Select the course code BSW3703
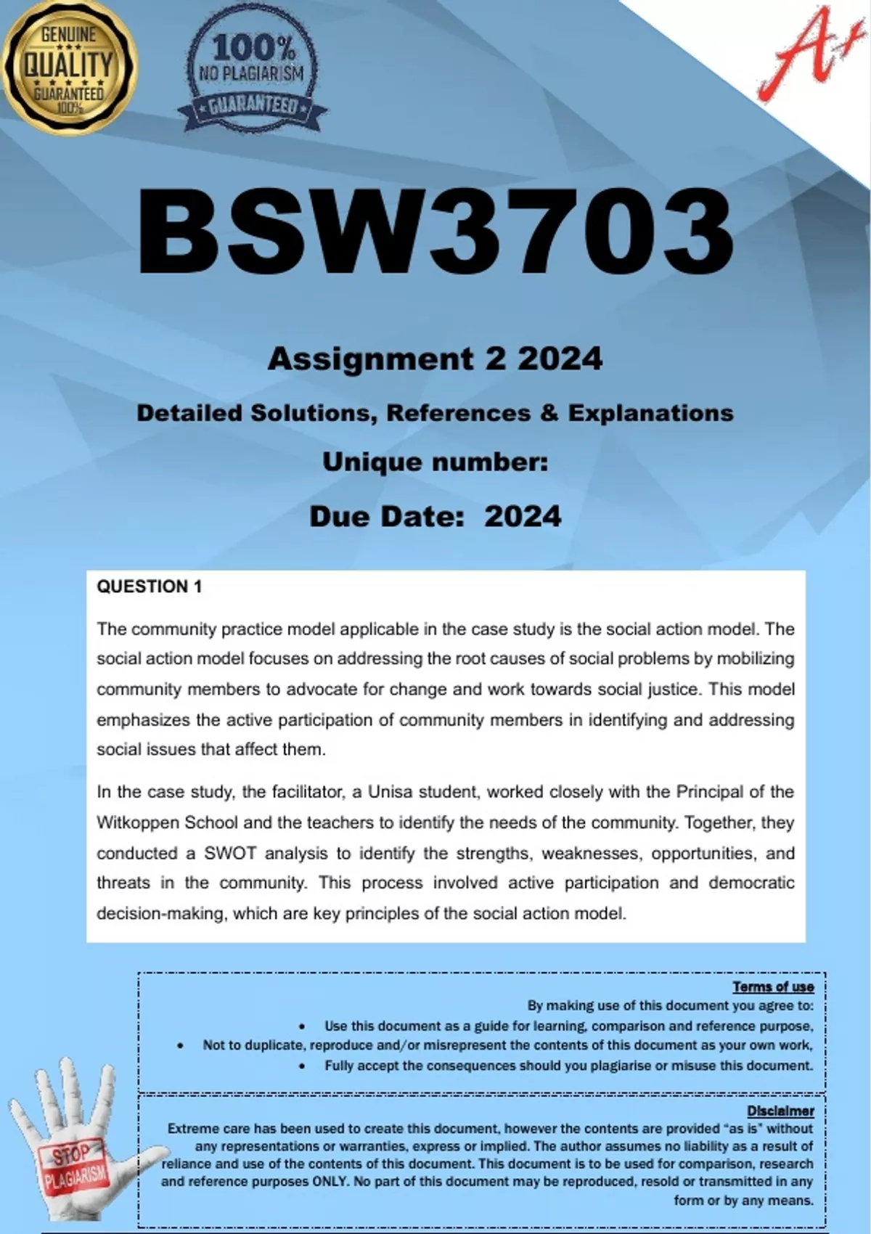point(435,232)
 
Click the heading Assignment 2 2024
point(435,359)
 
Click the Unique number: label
point(435,462)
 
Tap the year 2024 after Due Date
point(523,516)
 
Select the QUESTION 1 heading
point(150,587)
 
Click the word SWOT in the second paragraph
point(230,853)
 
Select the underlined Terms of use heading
point(773,986)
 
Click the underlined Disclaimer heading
point(780,1111)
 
